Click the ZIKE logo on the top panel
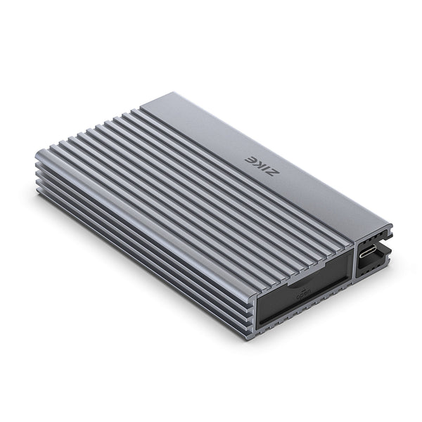coord(254,164)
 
